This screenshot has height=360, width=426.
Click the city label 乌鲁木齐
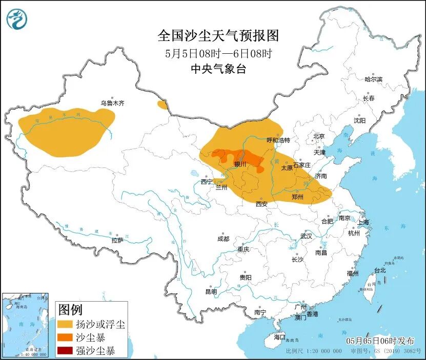tap(112, 103)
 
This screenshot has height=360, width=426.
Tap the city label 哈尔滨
tap(373, 79)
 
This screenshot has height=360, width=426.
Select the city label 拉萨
tap(117, 240)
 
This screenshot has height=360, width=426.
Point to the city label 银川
tap(240, 164)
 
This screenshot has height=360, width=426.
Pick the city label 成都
tap(223, 239)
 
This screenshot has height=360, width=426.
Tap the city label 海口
tap(279, 337)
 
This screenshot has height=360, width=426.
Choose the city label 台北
tap(379, 270)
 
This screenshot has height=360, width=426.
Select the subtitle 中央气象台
tap(218, 69)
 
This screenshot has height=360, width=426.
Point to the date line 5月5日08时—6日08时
tap(218, 53)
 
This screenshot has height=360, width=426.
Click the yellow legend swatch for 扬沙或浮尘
tap(65, 324)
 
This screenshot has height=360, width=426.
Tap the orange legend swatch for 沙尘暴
tap(65, 338)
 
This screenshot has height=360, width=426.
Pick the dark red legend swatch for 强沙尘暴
tap(65, 351)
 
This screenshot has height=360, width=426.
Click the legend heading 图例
tap(70, 310)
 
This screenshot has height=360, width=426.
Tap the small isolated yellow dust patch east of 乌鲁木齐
tap(163, 105)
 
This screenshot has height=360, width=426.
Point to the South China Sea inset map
tap(26, 325)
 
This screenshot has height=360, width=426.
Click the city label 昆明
tap(211, 291)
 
